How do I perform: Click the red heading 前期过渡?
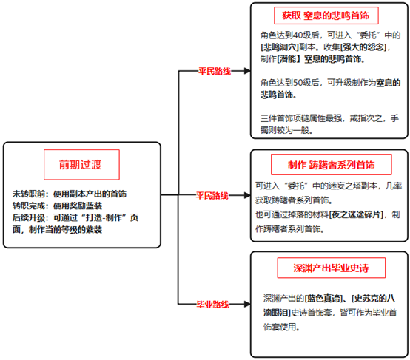click(80, 165)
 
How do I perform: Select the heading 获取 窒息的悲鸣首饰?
click(326, 16)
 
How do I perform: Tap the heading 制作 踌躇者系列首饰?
click(332, 165)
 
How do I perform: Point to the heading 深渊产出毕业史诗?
click(331, 268)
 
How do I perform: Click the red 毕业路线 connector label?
click(213, 304)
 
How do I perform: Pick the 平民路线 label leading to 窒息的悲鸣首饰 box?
click(215, 71)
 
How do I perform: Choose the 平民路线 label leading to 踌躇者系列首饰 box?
click(212, 195)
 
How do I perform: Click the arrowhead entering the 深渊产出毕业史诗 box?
click(247, 304)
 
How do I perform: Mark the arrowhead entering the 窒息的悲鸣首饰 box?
click(247, 71)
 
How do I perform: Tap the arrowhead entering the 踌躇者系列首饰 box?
click(247, 195)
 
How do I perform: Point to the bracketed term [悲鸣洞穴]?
click(280, 47)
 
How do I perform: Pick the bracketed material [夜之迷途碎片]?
click(356, 214)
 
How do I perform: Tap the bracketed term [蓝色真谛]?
click(324, 298)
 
